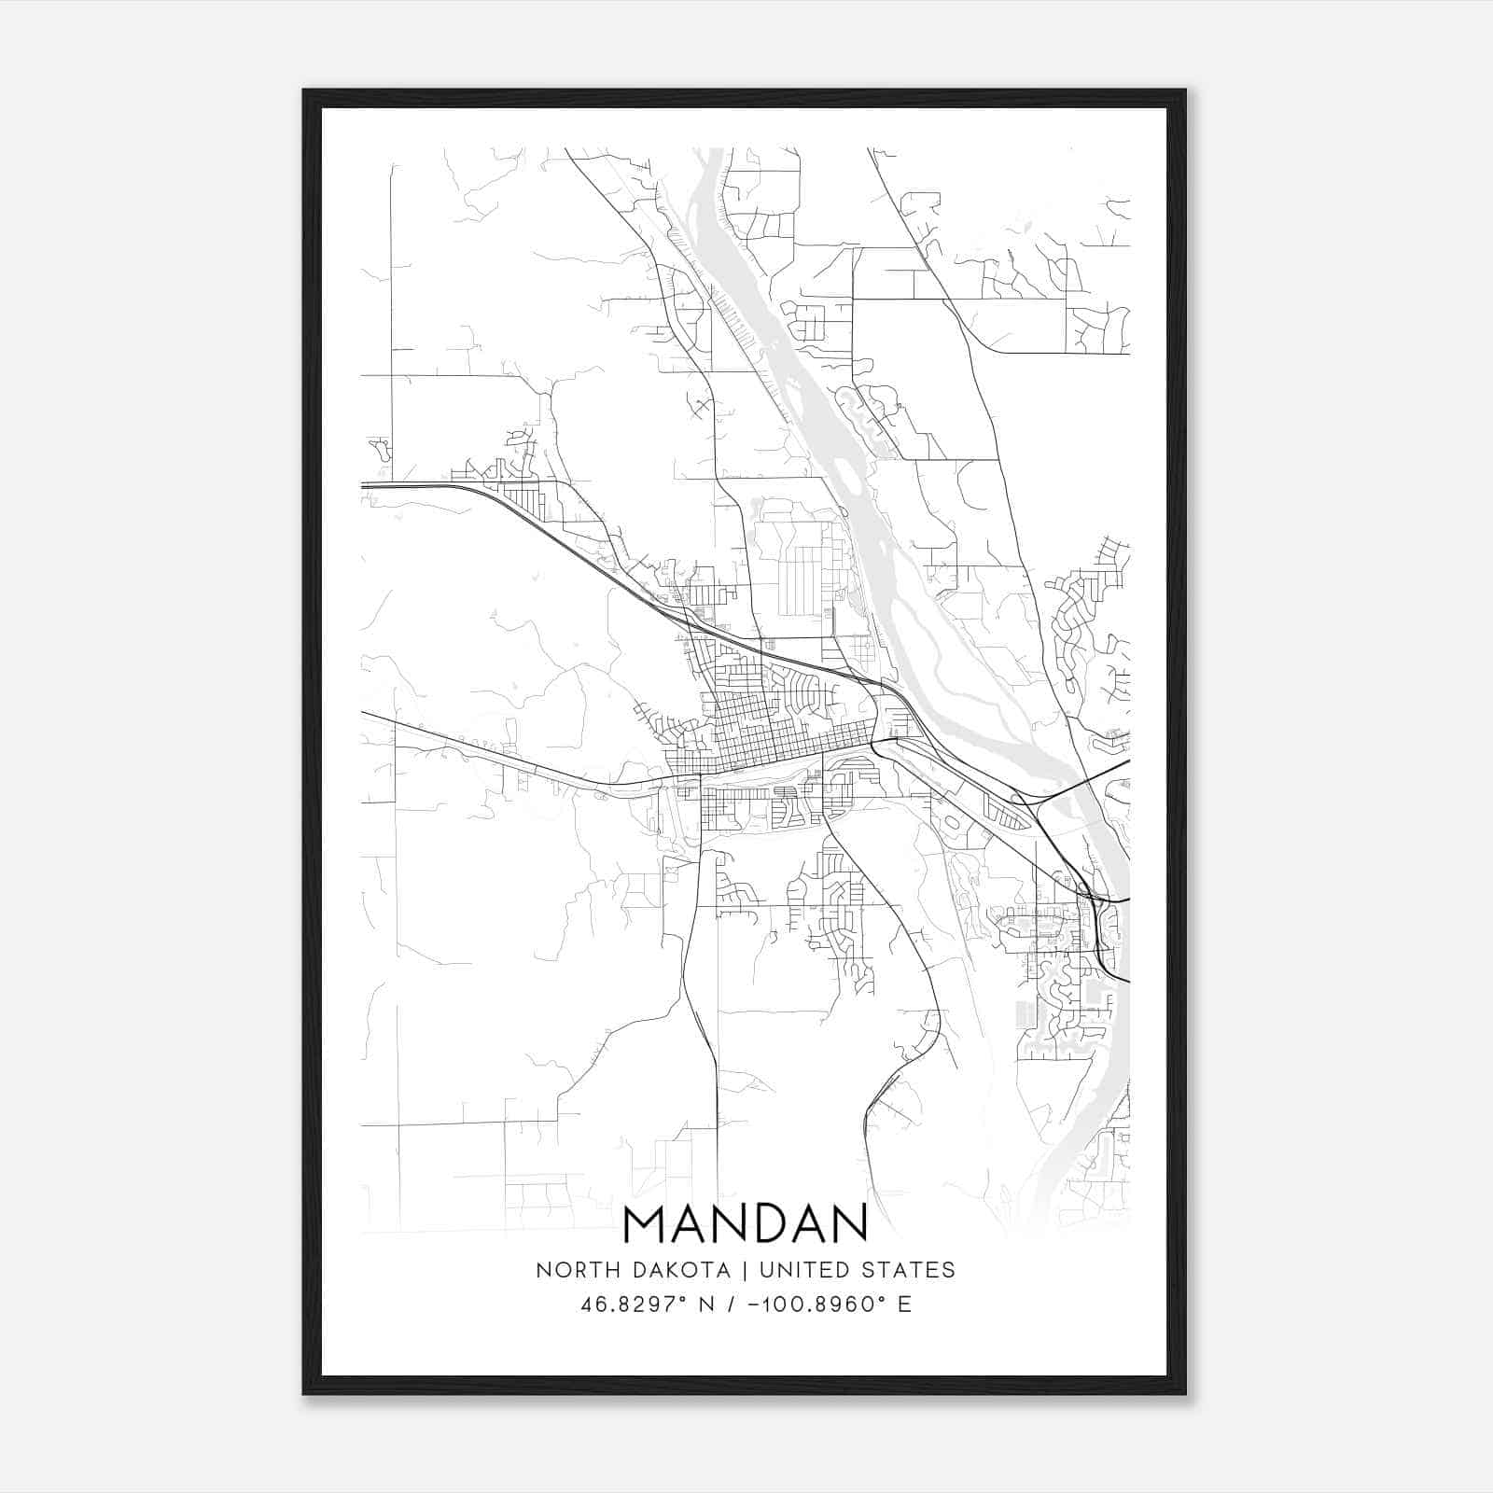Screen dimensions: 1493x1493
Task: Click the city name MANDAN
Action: pyautogui.click(x=745, y=1225)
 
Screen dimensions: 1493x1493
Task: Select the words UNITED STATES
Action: pyautogui.click(x=857, y=1270)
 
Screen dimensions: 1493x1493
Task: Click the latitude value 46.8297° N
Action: pyautogui.click(x=648, y=1305)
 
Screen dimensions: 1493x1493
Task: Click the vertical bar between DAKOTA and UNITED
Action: pyautogui.click(x=745, y=1270)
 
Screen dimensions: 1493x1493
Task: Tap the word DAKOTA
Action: pyautogui.click(x=679, y=1270)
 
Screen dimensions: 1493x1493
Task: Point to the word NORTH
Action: pyautogui.click(x=571, y=1270)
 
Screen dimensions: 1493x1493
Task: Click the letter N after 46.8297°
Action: pyautogui.click(x=706, y=1305)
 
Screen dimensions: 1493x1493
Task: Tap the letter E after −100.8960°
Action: pyautogui.click(x=904, y=1305)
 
